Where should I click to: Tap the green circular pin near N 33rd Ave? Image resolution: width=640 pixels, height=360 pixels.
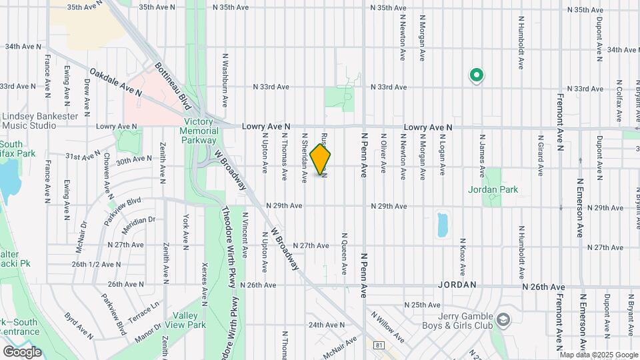476,75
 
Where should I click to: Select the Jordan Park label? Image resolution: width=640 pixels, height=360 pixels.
493,189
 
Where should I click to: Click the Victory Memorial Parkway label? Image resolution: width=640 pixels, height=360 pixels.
200,131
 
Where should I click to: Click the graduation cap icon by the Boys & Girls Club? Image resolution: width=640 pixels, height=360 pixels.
503,321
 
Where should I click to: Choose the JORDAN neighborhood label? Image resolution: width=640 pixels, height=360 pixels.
457,285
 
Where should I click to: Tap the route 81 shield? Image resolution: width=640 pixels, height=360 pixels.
379,345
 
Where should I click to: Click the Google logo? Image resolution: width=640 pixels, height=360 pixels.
22,352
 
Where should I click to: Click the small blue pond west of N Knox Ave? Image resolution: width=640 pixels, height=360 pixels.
441,225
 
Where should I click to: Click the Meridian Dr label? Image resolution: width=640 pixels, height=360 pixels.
139,220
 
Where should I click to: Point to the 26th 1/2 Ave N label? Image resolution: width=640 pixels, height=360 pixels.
96,264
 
